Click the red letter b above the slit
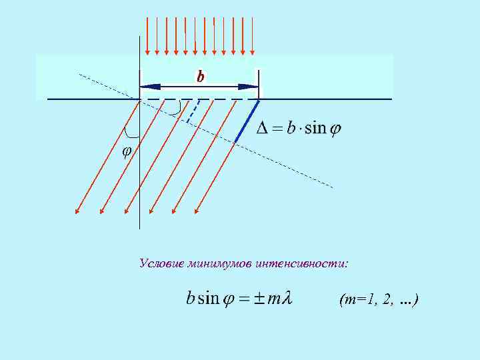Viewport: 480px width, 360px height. tap(200, 77)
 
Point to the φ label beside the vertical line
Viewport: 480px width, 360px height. tap(127, 151)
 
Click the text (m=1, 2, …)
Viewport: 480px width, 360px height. tap(378, 301)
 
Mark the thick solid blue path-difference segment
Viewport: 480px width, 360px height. tap(247, 121)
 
